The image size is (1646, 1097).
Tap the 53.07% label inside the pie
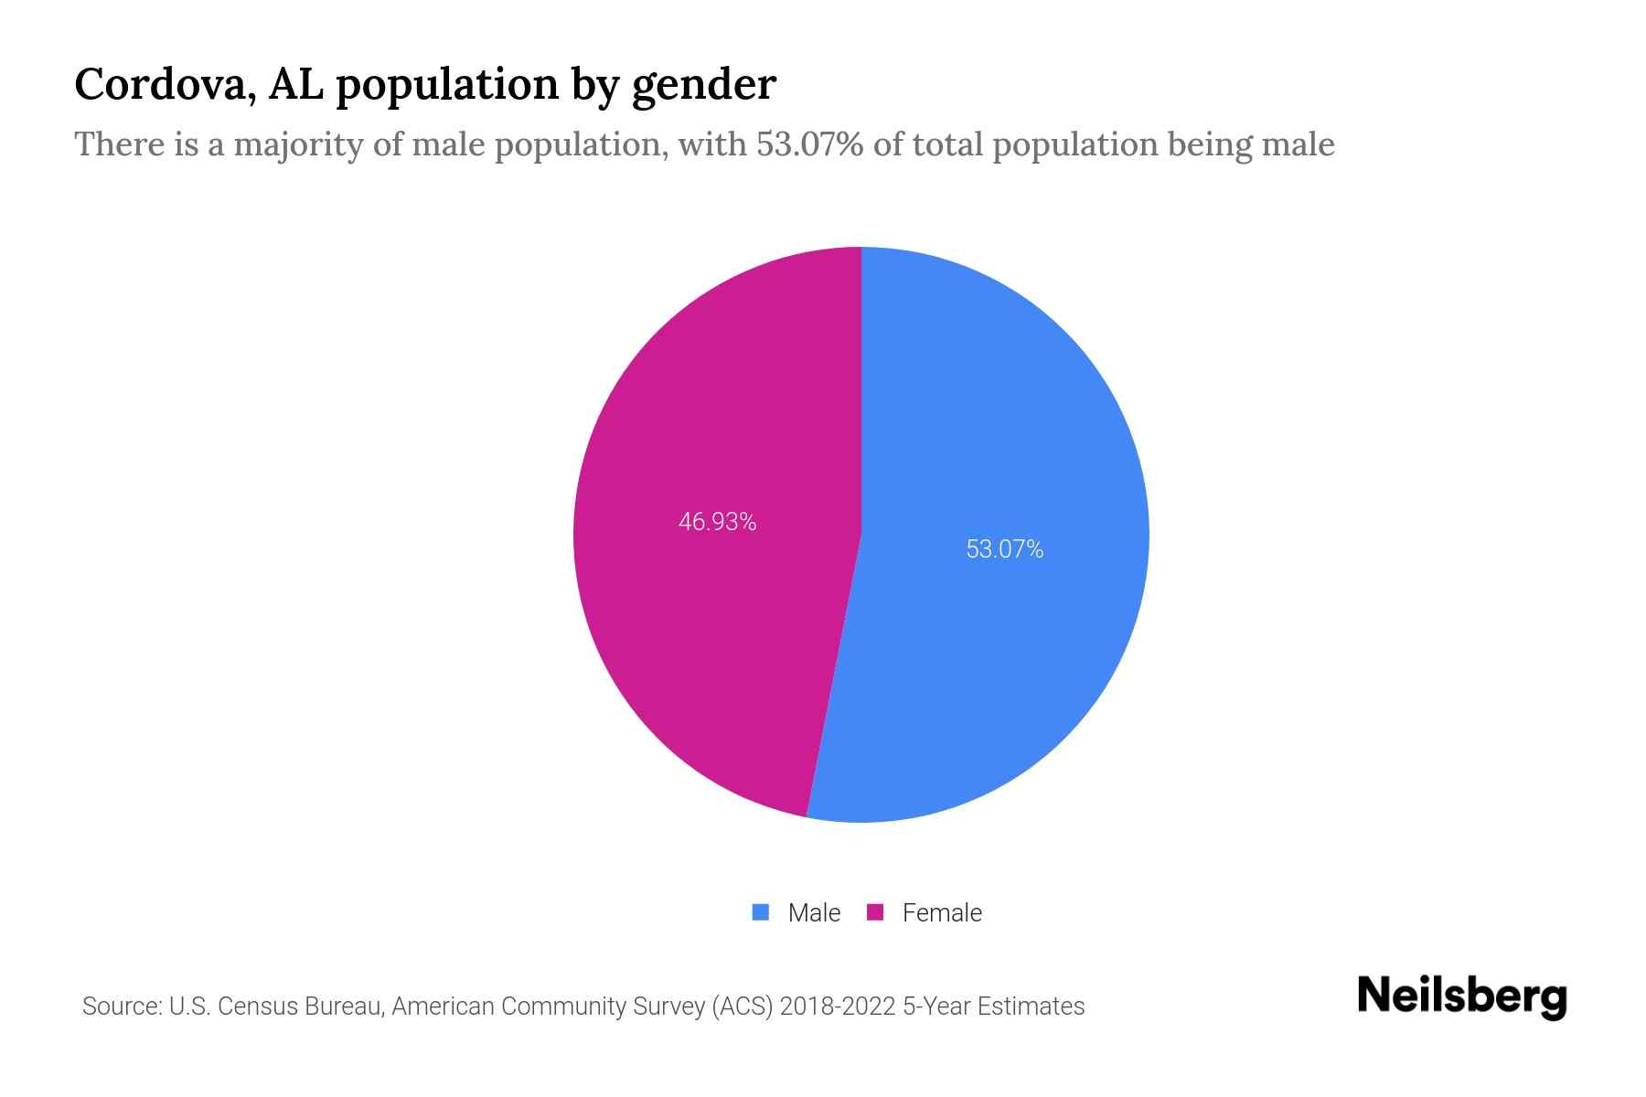(x=1004, y=549)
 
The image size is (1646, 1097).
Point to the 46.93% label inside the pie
(x=717, y=522)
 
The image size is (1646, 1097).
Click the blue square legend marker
(x=760, y=912)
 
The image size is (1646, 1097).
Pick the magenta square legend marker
(x=875, y=912)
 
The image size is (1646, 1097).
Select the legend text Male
(x=814, y=913)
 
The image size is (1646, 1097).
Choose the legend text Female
(x=942, y=913)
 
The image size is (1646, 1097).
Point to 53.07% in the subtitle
(x=809, y=144)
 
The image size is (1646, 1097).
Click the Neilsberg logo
(x=1461, y=996)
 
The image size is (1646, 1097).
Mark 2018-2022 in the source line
(x=837, y=1006)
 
